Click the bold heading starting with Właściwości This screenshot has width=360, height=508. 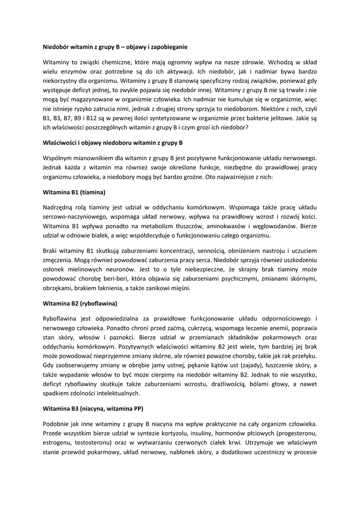[x=113, y=142]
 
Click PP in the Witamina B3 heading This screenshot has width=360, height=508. [x=140, y=410]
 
